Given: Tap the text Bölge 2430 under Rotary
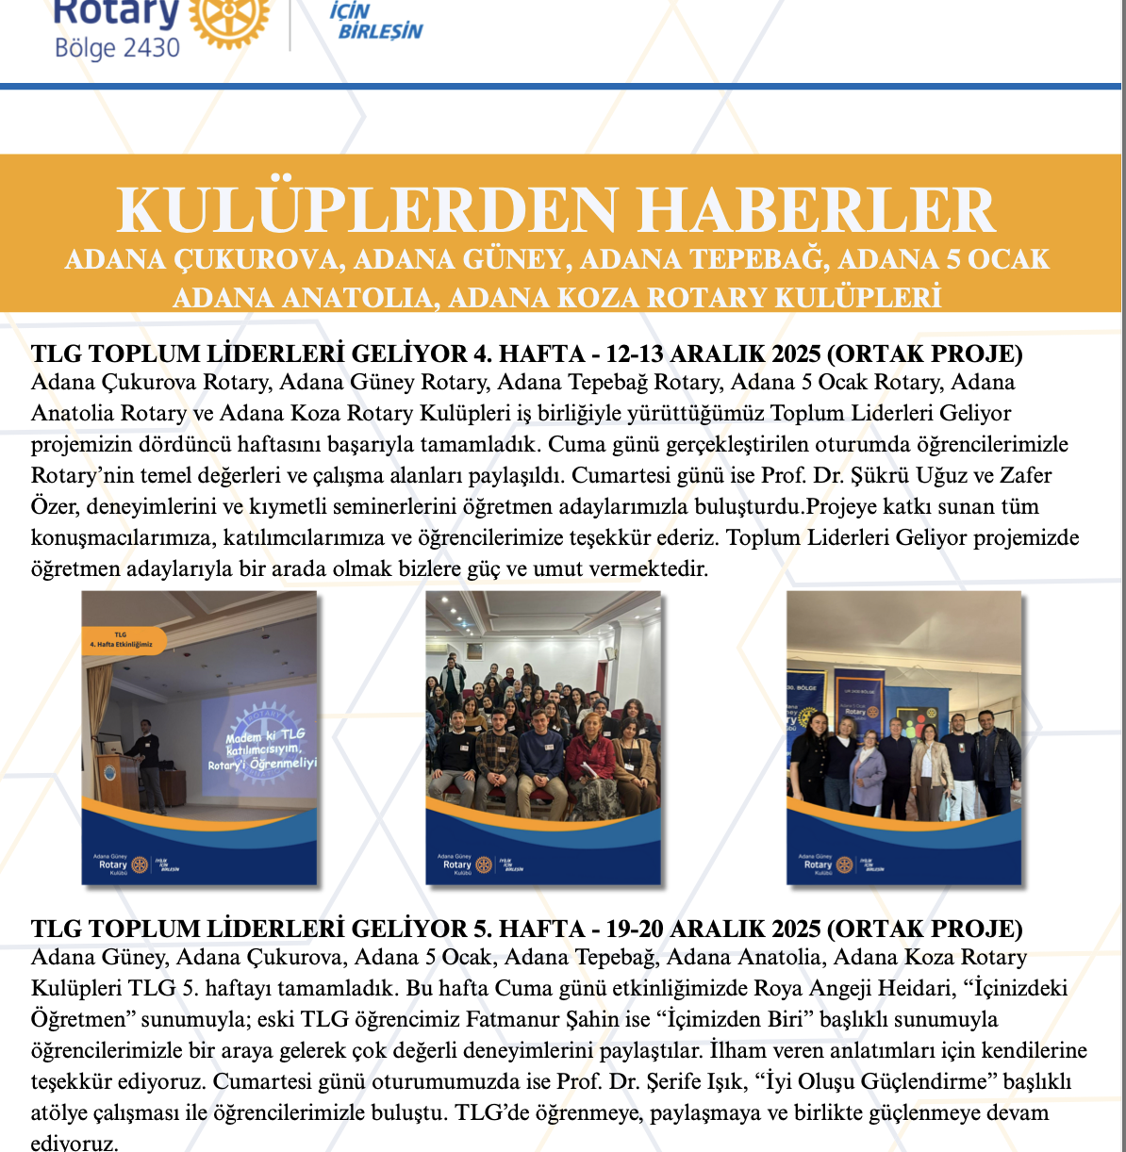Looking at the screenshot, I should [x=117, y=48].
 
